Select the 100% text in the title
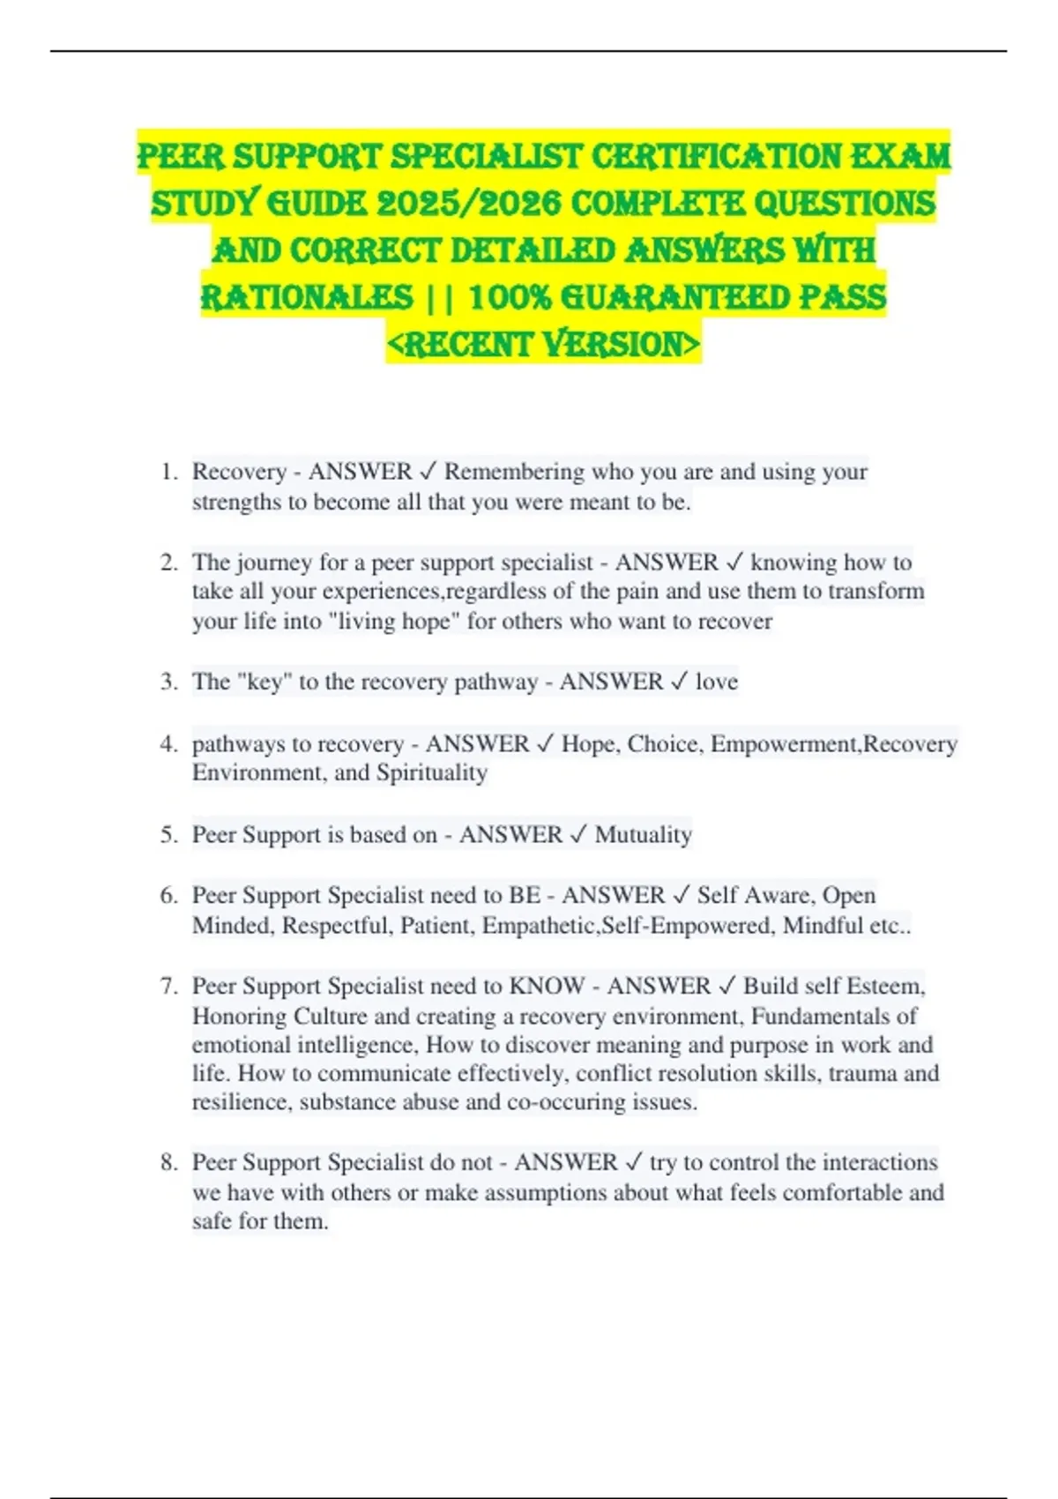click(x=510, y=297)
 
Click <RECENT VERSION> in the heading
click(x=543, y=344)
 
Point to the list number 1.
click(x=169, y=472)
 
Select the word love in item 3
click(x=716, y=682)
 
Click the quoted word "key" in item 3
click(x=264, y=682)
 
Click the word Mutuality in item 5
click(x=643, y=834)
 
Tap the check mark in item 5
click(x=578, y=834)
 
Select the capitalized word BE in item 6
click(x=525, y=895)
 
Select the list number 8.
click(x=169, y=1162)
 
